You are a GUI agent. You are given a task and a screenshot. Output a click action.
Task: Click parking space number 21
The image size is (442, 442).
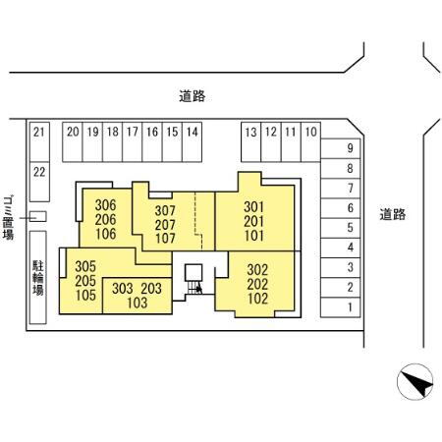[x=39, y=142]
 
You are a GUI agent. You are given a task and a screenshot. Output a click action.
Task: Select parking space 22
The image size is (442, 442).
[x=39, y=182]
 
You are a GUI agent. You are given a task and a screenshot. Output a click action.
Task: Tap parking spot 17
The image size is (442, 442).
[x=133, y=142]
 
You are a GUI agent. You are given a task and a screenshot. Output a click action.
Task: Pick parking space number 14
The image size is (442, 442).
[x=192, y=142]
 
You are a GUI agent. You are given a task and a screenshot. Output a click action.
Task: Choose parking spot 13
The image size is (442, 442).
[x=251, y=142]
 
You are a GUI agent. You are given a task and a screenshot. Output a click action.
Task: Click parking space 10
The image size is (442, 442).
[x=310, y=142]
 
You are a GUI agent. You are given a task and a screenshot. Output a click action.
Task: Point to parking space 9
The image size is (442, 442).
[x=341, y=148]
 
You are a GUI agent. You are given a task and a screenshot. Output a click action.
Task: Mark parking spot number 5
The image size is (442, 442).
[x=341, y=228]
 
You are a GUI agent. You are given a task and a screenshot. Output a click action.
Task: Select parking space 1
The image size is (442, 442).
[x=341, y=307]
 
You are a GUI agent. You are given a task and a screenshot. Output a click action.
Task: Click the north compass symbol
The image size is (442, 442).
[x=414, y=381]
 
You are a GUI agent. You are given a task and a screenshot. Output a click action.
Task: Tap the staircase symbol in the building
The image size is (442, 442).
[x=194, y=288]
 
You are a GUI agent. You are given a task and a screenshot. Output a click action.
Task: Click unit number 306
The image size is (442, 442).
[x=105, y=205]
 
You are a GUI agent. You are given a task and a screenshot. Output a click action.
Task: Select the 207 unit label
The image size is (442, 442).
[x=165, y=225]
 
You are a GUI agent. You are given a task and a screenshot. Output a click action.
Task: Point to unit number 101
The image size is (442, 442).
[x=254, y=236]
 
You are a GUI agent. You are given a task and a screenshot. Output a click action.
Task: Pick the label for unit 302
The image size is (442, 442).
[x=257, y=270]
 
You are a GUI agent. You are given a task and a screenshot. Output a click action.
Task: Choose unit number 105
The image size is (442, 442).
[x=85, y=295]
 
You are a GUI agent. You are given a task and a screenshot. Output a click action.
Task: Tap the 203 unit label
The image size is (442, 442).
[x=151, y=289]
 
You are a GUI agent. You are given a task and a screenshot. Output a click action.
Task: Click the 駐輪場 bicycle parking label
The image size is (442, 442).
[x=38, y=278]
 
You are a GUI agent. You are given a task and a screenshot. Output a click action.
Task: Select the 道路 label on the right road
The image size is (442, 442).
[x=393, y=214]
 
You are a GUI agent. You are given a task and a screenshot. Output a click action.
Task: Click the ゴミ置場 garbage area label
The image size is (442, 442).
[x=8, y=218]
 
